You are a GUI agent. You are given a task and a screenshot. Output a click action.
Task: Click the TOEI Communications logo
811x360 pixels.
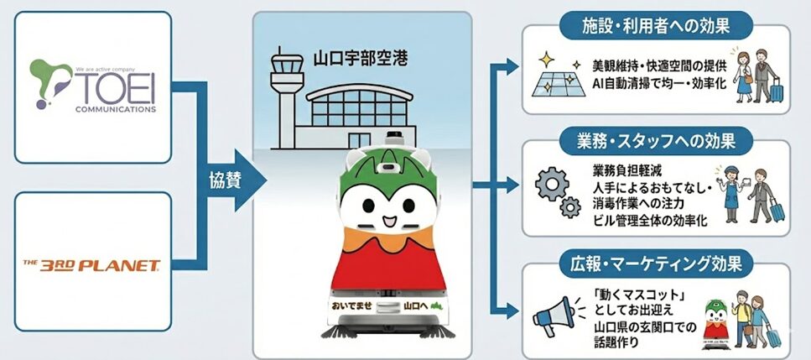pos(93,86)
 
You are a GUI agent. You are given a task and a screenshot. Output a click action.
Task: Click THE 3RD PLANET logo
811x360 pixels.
pos(92,266)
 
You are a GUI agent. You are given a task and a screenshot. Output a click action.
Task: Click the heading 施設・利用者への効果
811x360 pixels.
pos(656,25)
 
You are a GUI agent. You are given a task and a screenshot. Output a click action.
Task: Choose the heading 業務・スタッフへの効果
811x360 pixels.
pos(658,139)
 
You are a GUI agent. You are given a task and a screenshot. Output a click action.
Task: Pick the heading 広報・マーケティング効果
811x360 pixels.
pos(657,263)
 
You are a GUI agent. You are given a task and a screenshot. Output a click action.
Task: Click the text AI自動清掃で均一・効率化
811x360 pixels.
pos(652,84)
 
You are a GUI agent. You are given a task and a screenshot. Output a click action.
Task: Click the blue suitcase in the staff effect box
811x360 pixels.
pos(775,209)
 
